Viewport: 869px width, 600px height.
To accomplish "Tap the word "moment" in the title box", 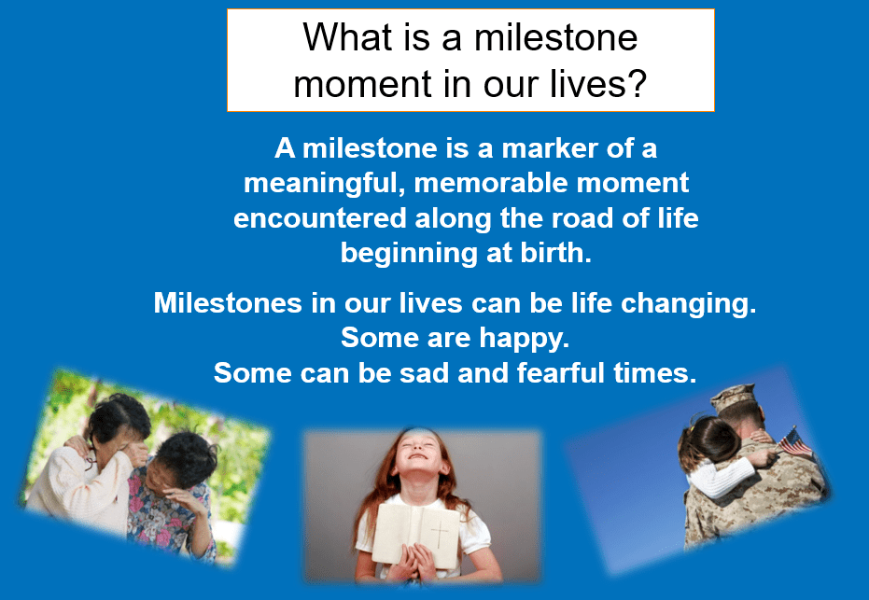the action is (363, 84).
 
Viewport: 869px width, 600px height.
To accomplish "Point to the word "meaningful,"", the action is (325, 184).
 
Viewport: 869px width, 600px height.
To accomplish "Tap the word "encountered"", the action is (320, 218).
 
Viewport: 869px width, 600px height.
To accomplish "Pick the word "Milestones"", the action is (228, 303).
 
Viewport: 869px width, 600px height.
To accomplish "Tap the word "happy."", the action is (525, 339).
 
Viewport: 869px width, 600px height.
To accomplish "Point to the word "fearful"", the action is (561, 372).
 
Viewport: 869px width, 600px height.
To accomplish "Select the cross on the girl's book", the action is (440, 534).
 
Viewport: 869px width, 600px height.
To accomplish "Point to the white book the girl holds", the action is (416, 536).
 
